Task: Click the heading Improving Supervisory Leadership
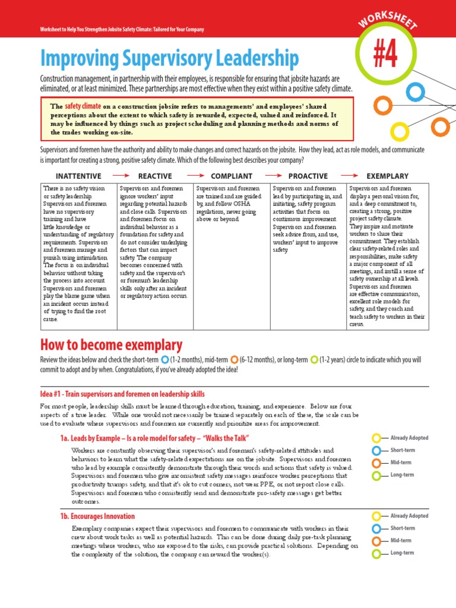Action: point(169,59)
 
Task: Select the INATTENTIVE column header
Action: point(78,176)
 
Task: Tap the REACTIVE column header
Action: point(155,176)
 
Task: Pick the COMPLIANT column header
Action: point(232,176)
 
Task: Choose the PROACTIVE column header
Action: point(308,176)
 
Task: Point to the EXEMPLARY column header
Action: point(388,176)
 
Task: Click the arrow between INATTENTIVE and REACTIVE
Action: point(121,176)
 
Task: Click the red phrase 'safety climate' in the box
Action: point(83,105)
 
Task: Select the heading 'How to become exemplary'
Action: point(111,345)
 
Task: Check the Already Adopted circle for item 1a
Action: point(376,438)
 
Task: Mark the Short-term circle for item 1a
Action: point(376,451)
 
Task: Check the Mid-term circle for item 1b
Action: point(376,541)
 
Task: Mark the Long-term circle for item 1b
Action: point(376,553)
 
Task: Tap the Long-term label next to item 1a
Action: point(402,475)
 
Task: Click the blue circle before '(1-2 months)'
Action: point(164,360)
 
